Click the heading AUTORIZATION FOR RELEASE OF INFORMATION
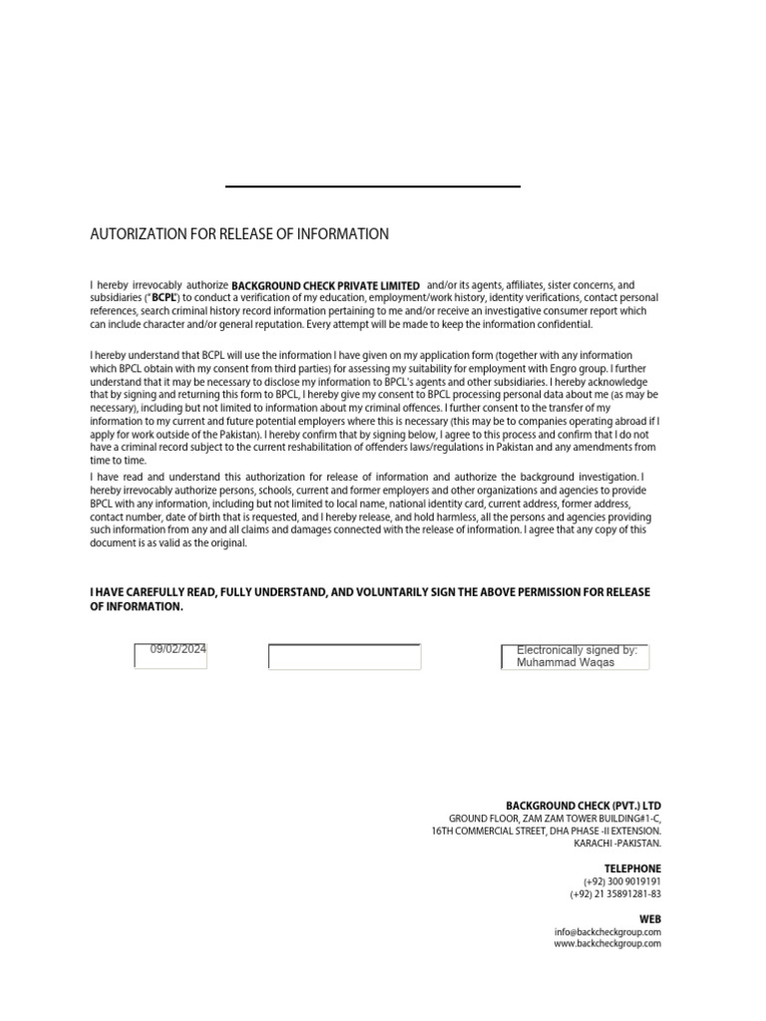(239, 234)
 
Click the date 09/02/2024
(179, 649)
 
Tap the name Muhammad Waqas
(566, 662)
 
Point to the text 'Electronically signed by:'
(576, 650)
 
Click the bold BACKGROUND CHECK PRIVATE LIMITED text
(325, 286)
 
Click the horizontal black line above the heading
(373, 186)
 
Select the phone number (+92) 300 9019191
(622, 881)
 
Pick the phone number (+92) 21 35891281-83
(615, 894)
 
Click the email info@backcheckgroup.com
(607, 932)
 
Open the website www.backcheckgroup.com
(607, 943)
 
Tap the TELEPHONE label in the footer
(632, 868)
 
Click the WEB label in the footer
(650, 919)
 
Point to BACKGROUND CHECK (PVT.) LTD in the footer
(583, 806)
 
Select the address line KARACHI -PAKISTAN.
(617, 844)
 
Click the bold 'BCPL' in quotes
(164, 298)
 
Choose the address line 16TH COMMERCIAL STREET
(547, 831)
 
